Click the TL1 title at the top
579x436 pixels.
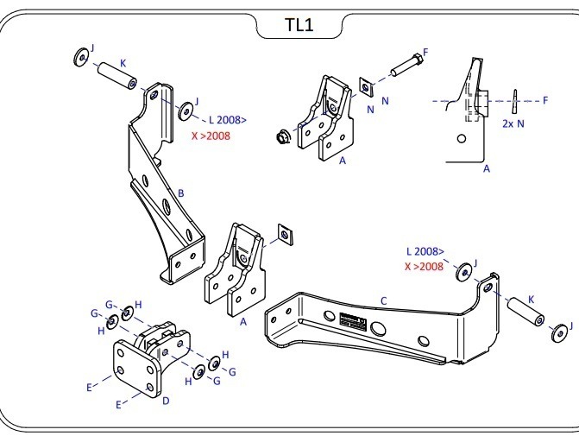(299, 25)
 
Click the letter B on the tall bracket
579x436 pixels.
(181, 193)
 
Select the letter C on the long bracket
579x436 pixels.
(383, 301)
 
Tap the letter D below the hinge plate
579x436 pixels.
(166, 401)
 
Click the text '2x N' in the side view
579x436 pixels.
(514, 123)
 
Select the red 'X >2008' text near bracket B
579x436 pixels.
(211, 136)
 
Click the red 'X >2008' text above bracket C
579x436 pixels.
(425, 267)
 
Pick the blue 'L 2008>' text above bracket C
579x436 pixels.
(425, 251)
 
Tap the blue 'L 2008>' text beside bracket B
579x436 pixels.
(227, 120)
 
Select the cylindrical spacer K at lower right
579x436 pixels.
(524, 311)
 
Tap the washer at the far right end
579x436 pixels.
(558, 333)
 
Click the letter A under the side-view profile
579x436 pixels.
(487, 169)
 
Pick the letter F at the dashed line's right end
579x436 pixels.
(545, 100)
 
